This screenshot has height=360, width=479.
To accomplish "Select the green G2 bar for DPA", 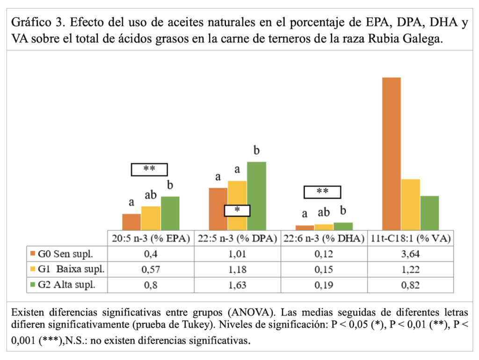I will (x=256, y=195).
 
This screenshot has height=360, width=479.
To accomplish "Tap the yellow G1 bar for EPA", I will (x=151, y=218).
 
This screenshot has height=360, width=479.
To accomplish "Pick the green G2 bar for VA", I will (x=429, y=213).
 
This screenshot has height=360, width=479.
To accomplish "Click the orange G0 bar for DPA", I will (x=218, y=208).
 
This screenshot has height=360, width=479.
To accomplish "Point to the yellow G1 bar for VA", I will (x=410, y=204).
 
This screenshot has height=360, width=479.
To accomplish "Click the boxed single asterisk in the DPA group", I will (x=237, y=211).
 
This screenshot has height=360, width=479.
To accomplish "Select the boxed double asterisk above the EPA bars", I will (x=149, y=169).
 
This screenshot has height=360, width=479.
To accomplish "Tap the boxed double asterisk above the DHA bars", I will (x=322, y=192).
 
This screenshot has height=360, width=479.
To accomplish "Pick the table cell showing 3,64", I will (x=410, y=254).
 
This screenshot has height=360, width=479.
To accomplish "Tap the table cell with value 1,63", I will (x=237, y=284).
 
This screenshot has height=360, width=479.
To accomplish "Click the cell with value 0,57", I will (x=151, y=269).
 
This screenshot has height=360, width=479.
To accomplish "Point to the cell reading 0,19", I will (x=324, y=284).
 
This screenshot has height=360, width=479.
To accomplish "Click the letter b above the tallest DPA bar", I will (x=256, y=151).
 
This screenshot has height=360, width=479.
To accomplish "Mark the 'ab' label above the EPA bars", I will (x=151, y=195).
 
